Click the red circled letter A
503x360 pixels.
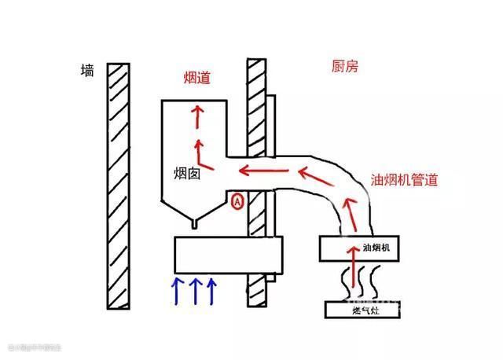(237, 202)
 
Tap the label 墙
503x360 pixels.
(88, 71)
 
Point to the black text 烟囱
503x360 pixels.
(188, 173)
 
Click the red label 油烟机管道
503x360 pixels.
(404, 179)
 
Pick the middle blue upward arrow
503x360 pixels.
(194, 288)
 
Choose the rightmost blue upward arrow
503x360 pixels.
(211, 288)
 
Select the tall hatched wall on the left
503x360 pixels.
(119, 186)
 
